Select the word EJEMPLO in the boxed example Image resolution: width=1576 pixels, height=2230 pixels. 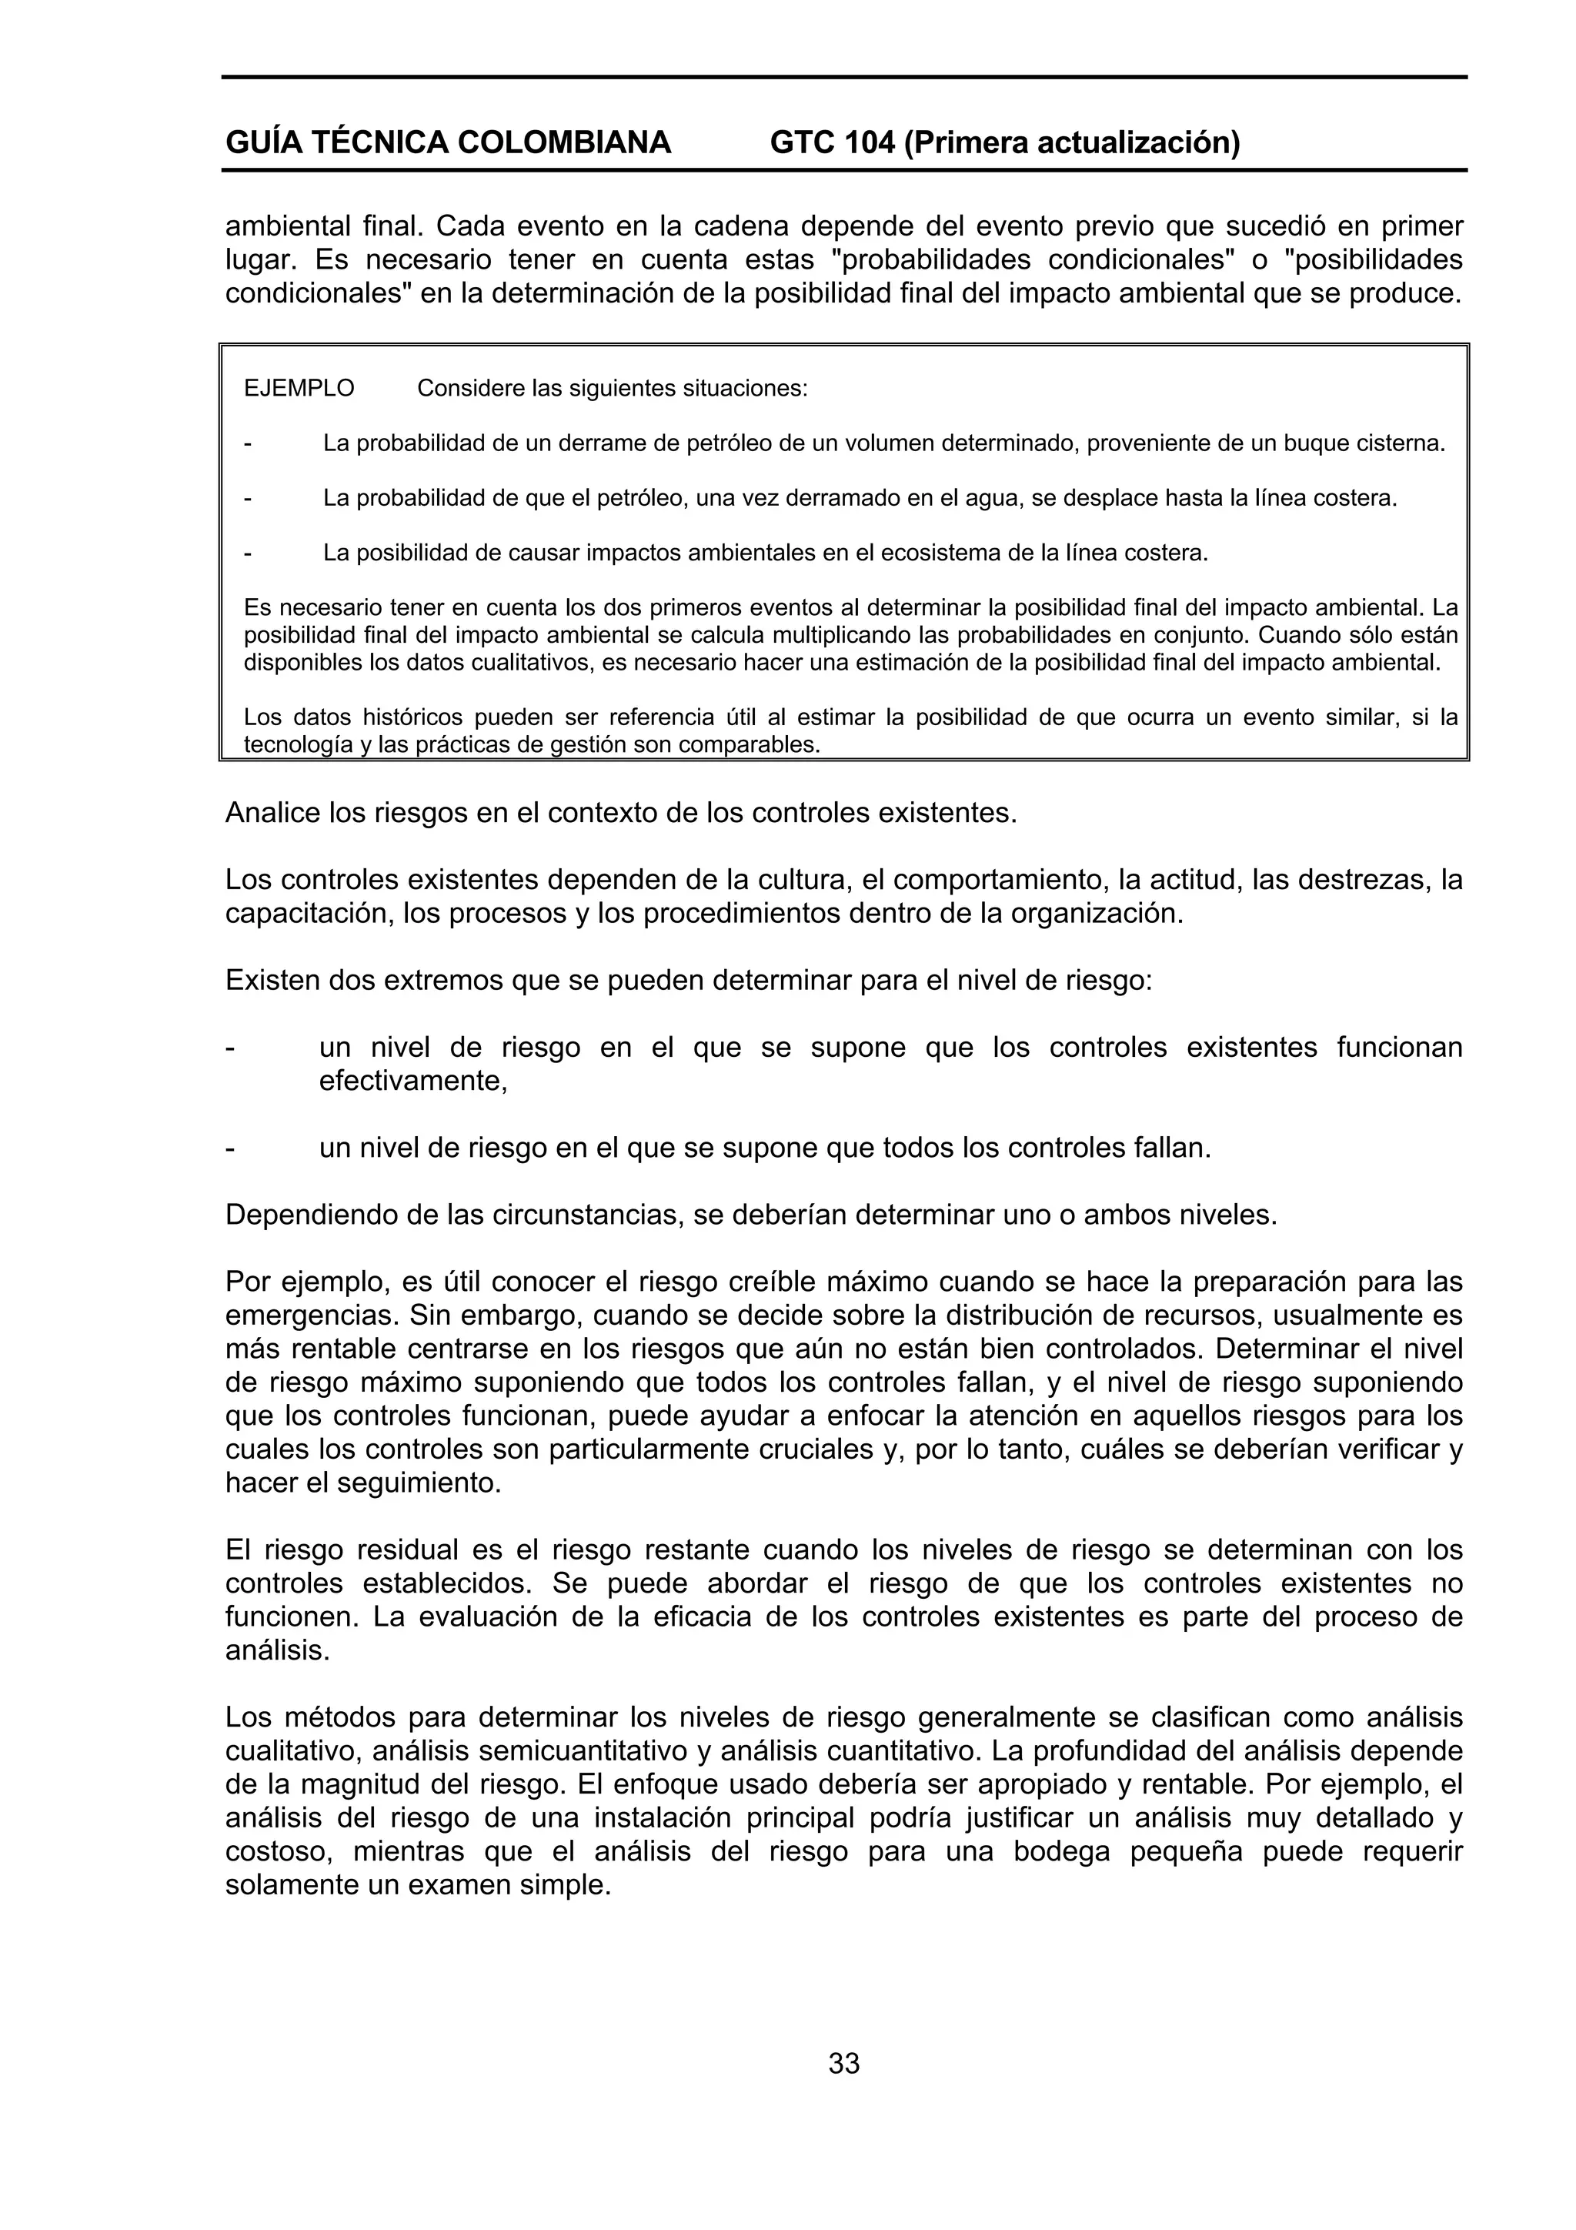pyautogui.click(x=299, y=389)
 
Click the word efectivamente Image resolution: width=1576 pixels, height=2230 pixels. pyautogui.click(x=412, y=1081)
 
